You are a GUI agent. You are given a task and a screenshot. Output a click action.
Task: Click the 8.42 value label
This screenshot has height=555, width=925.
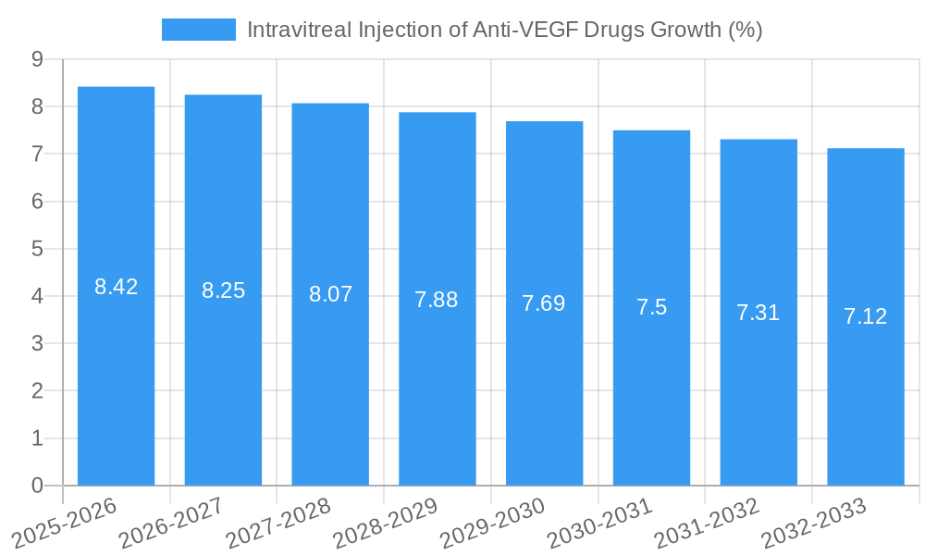click(x=116, y=287)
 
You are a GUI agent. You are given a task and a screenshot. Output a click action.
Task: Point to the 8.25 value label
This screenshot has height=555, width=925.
click(x=223, y=290)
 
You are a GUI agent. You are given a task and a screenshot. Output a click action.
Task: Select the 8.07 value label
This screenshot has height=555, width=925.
click(x=330, y=294)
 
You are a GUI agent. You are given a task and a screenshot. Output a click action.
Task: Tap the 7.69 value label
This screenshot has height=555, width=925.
click(x=544, y=302)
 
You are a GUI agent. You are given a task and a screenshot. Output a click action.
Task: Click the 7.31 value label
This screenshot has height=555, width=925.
click(x=758, y=313)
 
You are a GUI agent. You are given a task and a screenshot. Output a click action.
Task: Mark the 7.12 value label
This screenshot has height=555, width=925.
click(x=866, y=316)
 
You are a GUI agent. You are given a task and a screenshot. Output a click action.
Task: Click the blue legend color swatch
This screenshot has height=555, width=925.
click(x=198, y=30)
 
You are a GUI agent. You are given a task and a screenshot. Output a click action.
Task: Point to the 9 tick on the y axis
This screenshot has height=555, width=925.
click(x=37, y=59)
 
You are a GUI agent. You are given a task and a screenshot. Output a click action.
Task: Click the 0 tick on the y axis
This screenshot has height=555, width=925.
click(x=37, y=486)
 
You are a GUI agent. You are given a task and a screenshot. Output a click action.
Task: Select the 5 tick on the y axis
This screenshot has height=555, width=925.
click(x=37, y=249)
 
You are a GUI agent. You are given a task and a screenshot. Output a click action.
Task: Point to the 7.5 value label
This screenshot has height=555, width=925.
click(x=651, y=308)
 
